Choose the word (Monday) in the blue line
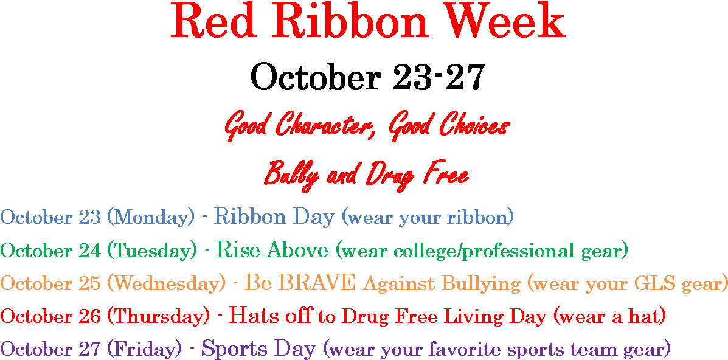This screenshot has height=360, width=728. coord(150,217)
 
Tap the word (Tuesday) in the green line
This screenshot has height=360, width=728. coord(149,251)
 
